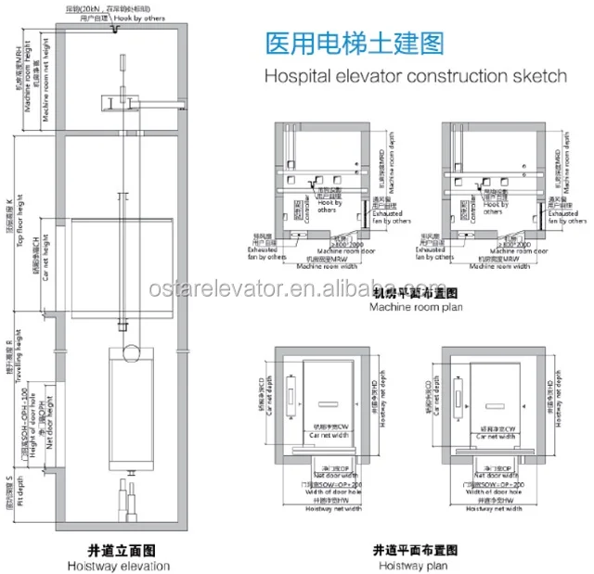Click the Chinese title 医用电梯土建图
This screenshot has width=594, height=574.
[x=354, y=44]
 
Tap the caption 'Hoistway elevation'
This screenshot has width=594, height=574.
[x=118, y=565]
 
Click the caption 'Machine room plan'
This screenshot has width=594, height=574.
[x=412, y=307]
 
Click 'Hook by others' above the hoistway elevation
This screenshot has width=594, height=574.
[x=152, y=17]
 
